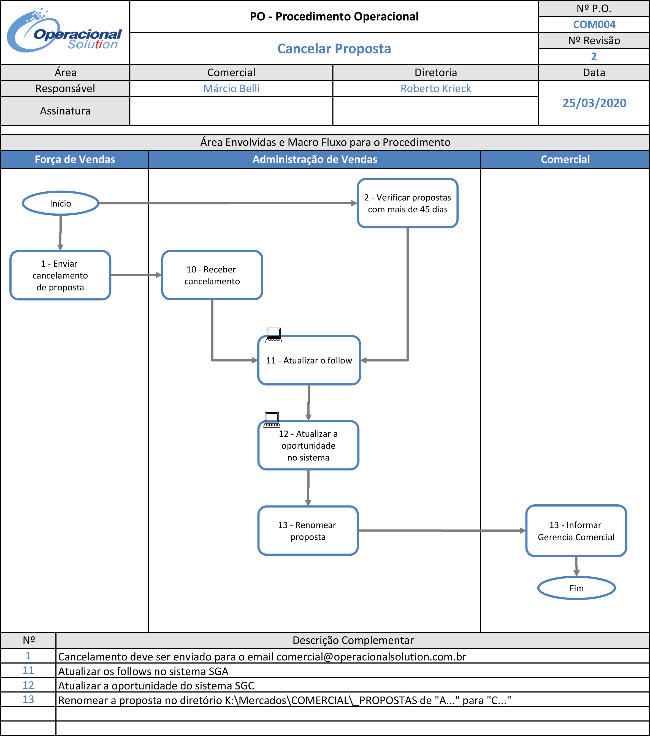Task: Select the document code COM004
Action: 594,25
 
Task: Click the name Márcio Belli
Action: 231,88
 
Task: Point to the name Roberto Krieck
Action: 436,88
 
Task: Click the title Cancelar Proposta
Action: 334,49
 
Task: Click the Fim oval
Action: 576,588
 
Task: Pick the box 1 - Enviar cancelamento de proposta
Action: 60,275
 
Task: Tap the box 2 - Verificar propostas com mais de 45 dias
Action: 408,203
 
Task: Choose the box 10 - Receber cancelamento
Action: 212,275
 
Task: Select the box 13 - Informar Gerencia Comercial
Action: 576,531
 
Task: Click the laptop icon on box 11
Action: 274,335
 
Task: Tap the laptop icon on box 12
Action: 272,420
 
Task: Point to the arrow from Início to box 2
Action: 228,203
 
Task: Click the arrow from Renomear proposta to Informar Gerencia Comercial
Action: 442,530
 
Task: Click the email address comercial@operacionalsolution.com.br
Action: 371,657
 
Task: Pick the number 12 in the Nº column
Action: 28,685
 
